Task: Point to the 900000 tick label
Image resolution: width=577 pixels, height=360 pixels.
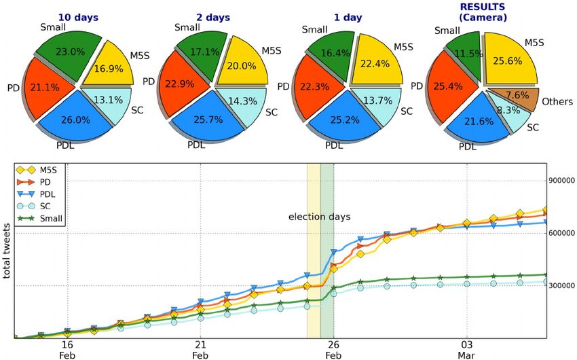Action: coord(561,181)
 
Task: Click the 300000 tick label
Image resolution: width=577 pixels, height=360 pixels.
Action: coord(561,286)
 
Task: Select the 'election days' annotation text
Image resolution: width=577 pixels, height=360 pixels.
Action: coord(319,217)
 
